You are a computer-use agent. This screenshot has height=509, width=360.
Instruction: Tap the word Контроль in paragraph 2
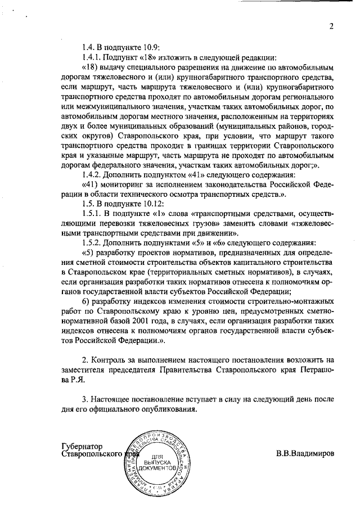113,359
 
